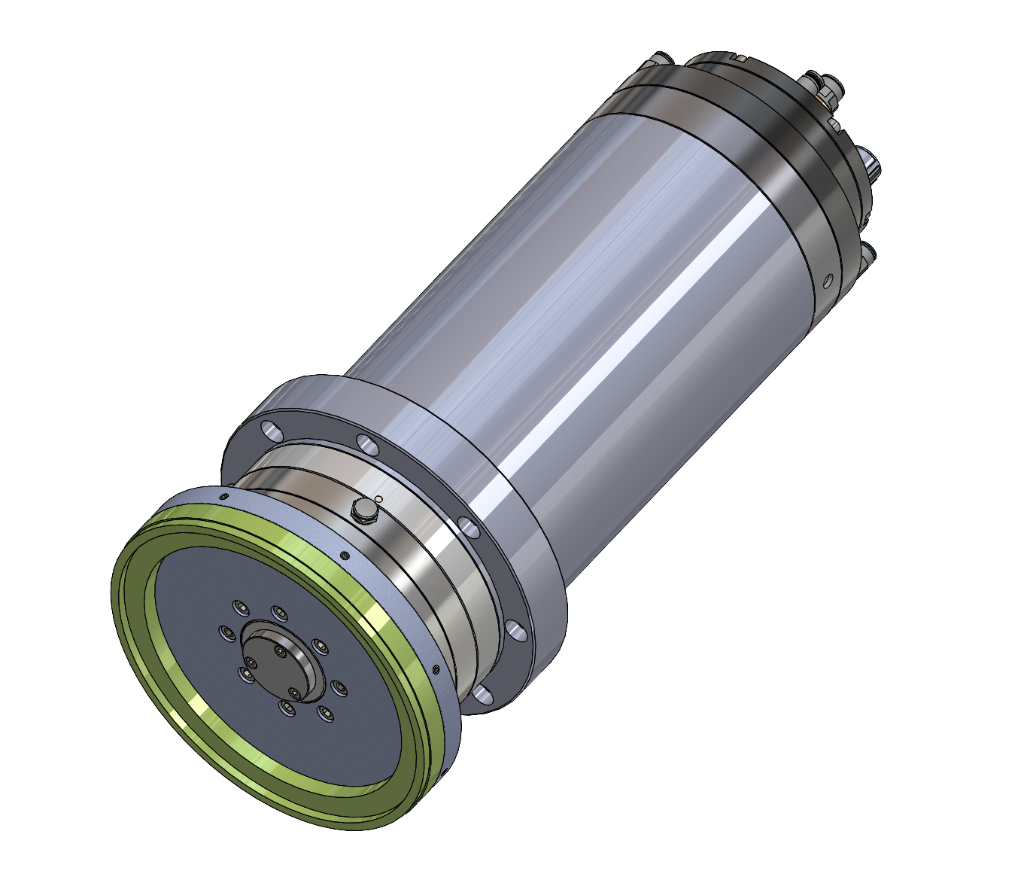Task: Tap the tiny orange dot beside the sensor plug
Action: [378, 498]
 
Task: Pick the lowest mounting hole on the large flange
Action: [482, 694]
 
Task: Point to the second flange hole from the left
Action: [368, 444]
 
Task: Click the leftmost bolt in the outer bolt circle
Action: [225, 632]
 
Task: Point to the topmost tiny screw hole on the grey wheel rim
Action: [223, 497]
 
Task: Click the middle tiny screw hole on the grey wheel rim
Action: [345, 556]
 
